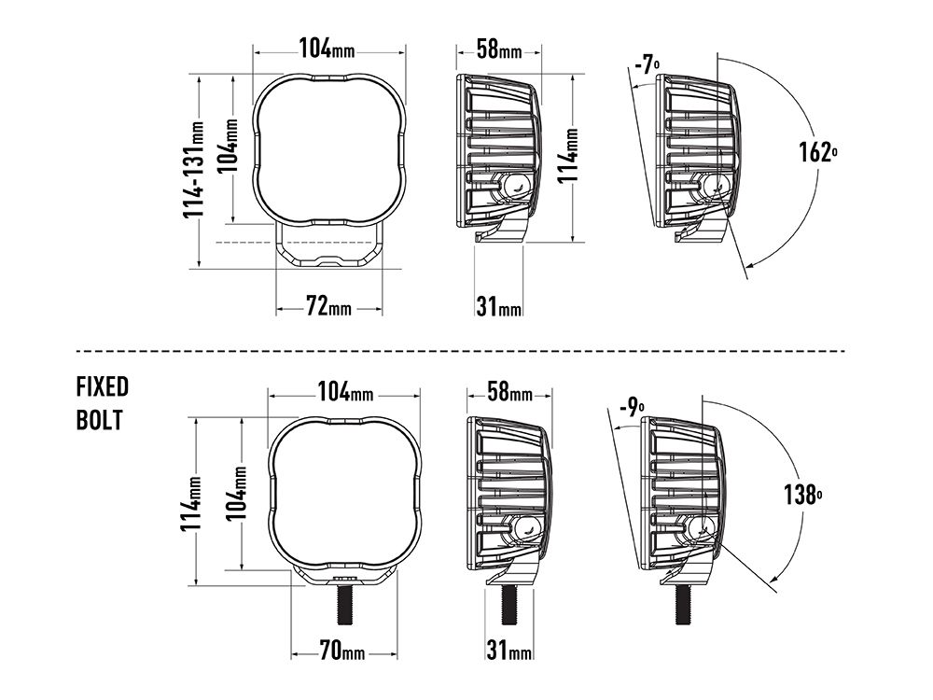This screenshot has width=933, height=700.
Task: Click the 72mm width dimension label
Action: coord(327,305)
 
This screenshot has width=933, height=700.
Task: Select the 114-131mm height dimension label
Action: coord(194,170)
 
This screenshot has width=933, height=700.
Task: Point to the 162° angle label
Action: coord(817,150)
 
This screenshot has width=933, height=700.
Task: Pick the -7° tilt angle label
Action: coord(647,65)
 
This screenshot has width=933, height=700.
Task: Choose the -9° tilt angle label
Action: coord(632,406)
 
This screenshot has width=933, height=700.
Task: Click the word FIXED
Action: coord(103,387)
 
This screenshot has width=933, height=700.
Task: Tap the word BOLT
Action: coord(99,420)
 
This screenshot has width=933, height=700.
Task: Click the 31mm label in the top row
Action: coord(498,306)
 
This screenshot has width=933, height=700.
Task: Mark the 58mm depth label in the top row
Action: coord(498,49)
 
